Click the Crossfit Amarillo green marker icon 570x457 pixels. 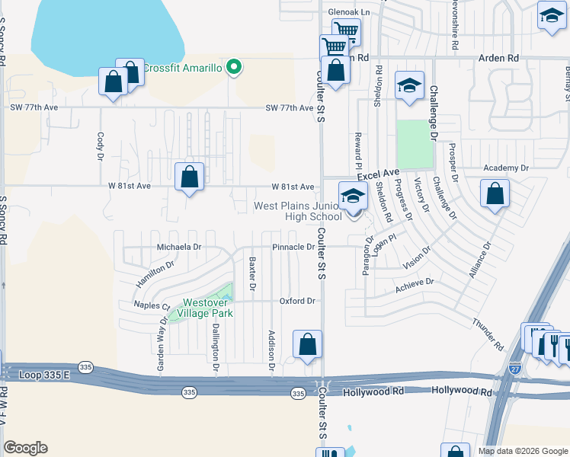click(235, 68)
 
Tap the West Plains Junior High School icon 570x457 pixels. click(353, 197)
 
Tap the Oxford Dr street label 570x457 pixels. click(296, 301)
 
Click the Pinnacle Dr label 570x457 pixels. click(293, 247)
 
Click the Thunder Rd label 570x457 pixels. click(488, 334)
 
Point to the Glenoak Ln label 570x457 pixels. click(348, 12)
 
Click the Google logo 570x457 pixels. click(25, 448)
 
